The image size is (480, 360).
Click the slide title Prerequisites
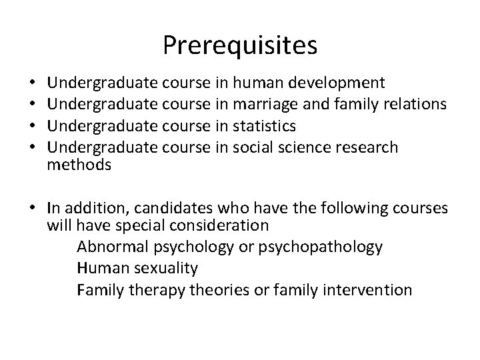point(240,45)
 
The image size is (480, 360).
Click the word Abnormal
point(110,247)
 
